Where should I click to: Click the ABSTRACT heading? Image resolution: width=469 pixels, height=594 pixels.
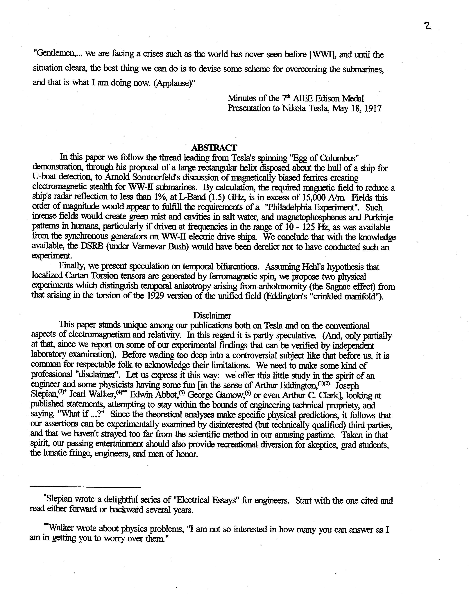click(x=214, y=148)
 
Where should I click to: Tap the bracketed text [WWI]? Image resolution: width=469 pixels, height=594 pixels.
click(x=323, y=54)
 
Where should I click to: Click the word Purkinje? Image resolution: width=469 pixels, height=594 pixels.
click(x=378, y=217)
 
